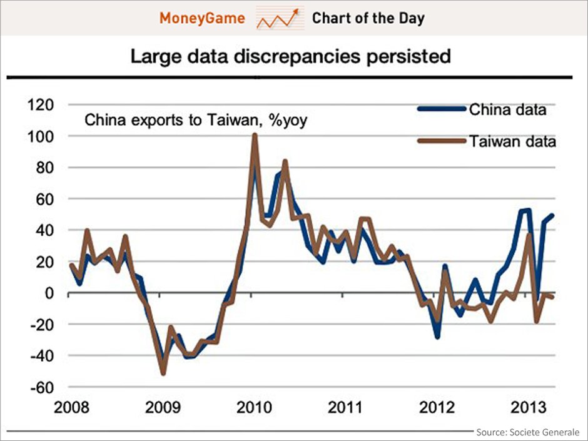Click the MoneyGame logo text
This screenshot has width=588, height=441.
[x=201, y=18]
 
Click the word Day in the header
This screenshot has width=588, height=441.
[x=410, y=18]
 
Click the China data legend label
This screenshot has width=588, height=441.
[x=508, y=110]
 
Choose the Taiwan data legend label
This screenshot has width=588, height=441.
[x=512, y=141]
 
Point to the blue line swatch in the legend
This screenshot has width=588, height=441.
[x=442, y=109]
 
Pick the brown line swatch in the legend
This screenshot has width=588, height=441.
[x=442, y=141]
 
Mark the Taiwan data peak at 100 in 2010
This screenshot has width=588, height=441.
[x=255, y=136]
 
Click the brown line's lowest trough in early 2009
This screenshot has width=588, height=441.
[x=163, y=373]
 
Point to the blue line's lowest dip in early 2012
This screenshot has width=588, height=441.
[x=437, y=337]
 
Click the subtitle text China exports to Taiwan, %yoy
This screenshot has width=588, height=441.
[x=196, y=119]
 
